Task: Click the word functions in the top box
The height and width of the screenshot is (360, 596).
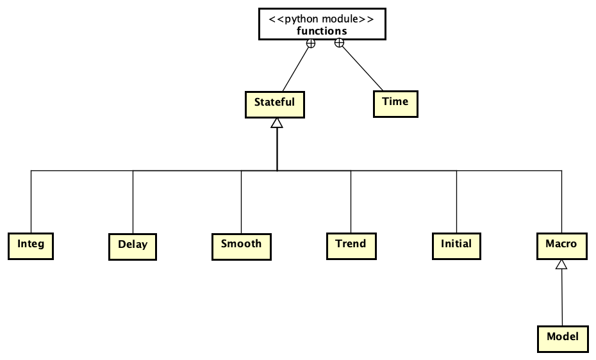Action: pos(322,31)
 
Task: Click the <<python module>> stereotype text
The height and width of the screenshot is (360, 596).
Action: pos(322,19)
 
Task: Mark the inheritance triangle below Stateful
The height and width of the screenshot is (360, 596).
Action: pos(276,123)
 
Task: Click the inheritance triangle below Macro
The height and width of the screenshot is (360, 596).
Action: pos(561,263)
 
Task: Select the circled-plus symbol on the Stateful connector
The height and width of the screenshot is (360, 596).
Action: pos(310,44)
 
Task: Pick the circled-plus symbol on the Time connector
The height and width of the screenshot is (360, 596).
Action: pos(340,44)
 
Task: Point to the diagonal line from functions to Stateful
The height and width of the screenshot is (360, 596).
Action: pos(296,69)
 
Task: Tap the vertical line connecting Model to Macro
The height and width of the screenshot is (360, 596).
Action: pos(562,298)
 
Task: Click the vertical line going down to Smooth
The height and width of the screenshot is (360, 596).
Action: pos(241,202)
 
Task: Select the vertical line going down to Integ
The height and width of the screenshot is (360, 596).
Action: pos(31,202)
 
